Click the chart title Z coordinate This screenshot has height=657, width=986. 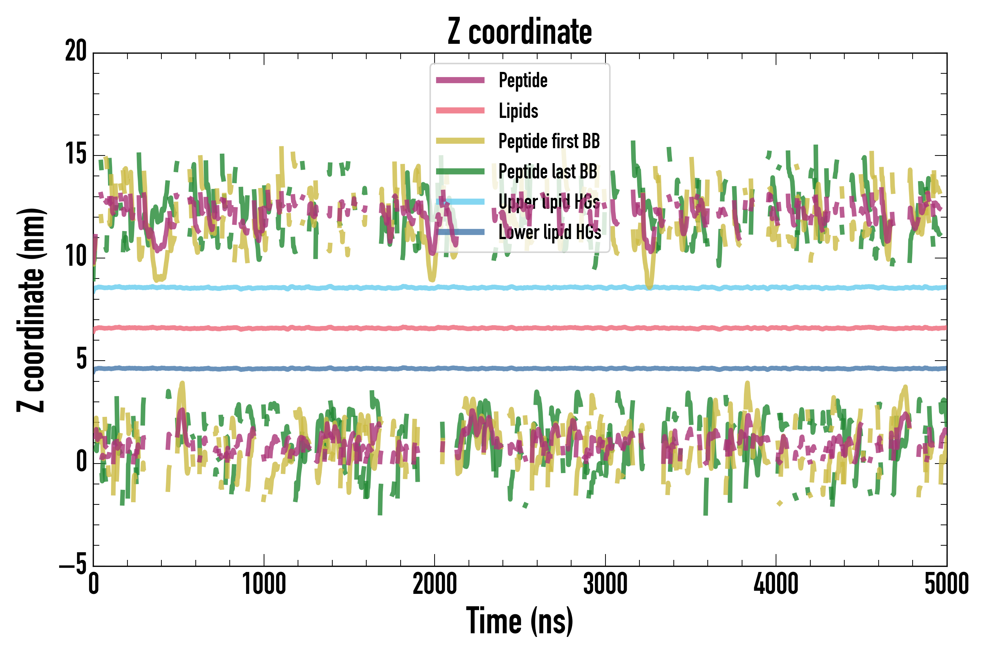click(x=520, y=32)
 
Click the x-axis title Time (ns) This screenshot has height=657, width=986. click(x=520, y=621)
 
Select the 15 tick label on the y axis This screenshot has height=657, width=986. click(x=76, y=154)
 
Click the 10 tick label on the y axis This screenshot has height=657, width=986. click(x=76, y=257)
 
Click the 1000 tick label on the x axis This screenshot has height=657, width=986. click(x=264, y=584)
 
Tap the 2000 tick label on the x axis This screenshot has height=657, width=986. click(x=435, y=584)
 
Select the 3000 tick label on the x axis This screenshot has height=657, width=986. click(x=605, y=584)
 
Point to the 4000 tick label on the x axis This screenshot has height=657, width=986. click(x=776, y=584)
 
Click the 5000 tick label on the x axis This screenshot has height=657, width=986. click(x=947, y=584)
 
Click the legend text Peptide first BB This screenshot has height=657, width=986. click(x=549, y=141)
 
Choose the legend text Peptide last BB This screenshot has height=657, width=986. click(x=548, y=172)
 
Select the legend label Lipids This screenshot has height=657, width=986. click(x=519, y=111)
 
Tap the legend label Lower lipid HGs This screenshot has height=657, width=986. click(x=550, y=232)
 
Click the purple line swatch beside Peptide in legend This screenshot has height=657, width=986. click(x=460, y=80)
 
